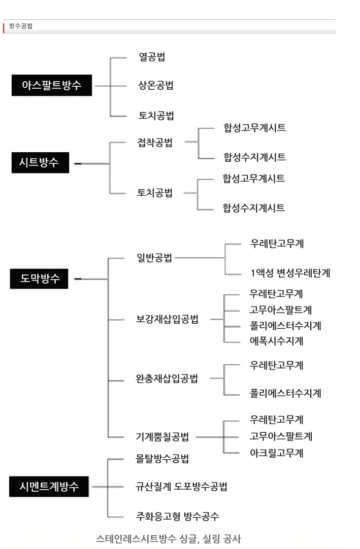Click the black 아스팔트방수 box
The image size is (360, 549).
tap(52, 85)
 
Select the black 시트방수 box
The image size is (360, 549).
tap(40, 162)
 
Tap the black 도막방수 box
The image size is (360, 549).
tap(39, 279)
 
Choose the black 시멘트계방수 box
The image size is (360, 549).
tap(49, 486)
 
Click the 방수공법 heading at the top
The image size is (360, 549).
tap(21, 26)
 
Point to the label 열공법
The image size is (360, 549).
tap(152, 57)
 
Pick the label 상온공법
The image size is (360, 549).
tap(156, 85)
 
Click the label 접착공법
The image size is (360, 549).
tap(154, 143)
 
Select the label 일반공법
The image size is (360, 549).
tap(154, 258)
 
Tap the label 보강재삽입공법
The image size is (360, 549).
tap(167, 319)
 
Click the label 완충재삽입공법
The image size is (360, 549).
tap(167, 379)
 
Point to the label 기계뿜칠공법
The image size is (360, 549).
tap(162, 436)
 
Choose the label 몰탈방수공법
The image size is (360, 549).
tap(162, 459)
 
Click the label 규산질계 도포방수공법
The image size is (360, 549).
tap(181, 486)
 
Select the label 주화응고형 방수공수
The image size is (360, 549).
tap(177, 516)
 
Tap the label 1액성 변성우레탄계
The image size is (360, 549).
tap(290, 273)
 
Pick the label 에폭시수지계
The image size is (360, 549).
tap(276, 340)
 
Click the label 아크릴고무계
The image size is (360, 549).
tap(276, 453)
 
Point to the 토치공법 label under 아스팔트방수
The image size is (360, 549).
tap(156, 116)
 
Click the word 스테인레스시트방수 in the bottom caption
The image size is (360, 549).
tap(136, 538)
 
